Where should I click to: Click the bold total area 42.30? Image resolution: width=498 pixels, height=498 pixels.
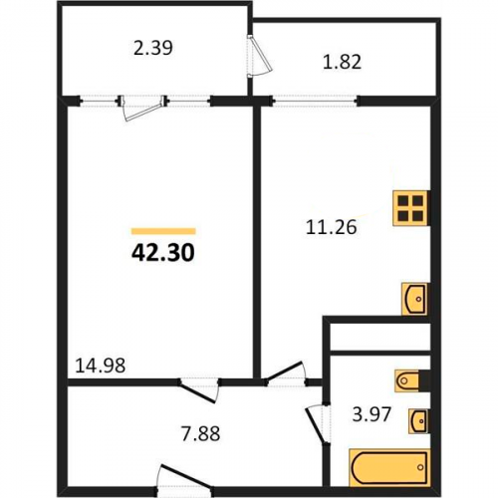[x=163, y=253]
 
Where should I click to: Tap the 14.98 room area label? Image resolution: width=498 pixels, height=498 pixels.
[x=101, y=366]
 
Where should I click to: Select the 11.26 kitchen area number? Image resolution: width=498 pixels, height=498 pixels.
[x=331, y=227]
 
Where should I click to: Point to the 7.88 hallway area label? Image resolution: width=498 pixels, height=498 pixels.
[x=200, y=433]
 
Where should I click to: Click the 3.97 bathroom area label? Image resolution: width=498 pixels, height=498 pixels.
[x=372, y=414]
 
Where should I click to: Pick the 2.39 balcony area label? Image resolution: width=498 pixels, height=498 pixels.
[x=153, y=48]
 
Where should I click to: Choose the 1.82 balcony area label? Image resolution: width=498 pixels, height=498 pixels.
[x=342, y=62]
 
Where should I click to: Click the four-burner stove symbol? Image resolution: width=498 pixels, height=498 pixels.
[x=410, y=208]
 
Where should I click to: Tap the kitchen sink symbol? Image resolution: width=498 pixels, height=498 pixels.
[x=414, y=299]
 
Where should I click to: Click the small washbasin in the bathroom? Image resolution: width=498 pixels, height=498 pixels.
[x=419, y=421]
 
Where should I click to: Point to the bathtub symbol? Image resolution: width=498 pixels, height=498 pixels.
[x=389, y=467]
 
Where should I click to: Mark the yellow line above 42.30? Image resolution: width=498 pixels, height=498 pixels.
[x=163, y=231]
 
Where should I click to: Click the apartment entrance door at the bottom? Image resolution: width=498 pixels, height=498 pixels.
[x=184, y=478]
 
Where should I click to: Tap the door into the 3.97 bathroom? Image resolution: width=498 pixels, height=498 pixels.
[x=318, y=423]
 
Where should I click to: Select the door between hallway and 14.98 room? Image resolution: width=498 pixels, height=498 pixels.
[x=199, y=389]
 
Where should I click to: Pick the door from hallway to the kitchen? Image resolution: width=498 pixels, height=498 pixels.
[x=286, y=373]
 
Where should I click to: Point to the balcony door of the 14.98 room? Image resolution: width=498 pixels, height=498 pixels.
[x=143, y=108]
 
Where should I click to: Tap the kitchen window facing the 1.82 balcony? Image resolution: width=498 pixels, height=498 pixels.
[x=315, y=101]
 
